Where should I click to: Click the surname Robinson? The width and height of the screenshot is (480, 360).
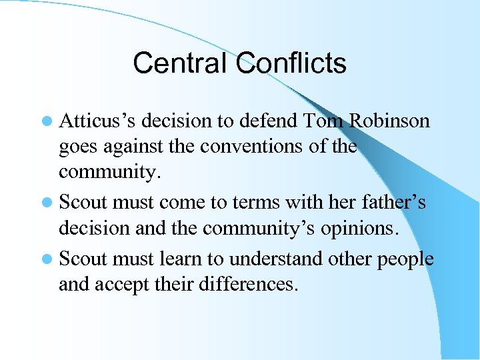391,121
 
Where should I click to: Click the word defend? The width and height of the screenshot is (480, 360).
267,121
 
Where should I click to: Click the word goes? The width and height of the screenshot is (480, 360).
77,147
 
